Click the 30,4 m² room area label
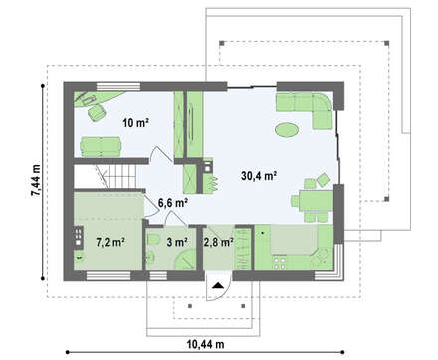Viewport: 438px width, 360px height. point(259,176)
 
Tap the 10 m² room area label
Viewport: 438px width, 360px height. point(135,123)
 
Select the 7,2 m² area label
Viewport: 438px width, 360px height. point(110,242)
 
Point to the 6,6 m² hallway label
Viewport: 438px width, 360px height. point(173,203)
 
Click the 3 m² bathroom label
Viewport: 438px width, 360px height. point(177,242)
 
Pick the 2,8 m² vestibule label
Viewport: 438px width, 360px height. point(218,242)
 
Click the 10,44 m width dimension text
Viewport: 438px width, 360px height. point(205,344)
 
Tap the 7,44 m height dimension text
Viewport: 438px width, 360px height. point(36,181)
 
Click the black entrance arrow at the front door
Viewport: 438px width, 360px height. point(218,285)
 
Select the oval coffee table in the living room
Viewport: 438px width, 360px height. point(287,129)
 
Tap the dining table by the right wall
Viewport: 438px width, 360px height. point(316,200)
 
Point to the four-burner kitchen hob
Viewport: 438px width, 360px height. point(279,263)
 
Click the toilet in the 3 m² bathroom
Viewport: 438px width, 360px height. point(152,240)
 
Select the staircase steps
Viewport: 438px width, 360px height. point(121,176)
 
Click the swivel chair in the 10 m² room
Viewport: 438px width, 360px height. point(97,112)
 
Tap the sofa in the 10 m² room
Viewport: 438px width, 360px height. point(101,146)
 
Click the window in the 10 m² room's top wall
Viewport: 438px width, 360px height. point(118,87)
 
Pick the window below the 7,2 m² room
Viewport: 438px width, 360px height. point(109,276)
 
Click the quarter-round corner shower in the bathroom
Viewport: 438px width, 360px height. point(186,261)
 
